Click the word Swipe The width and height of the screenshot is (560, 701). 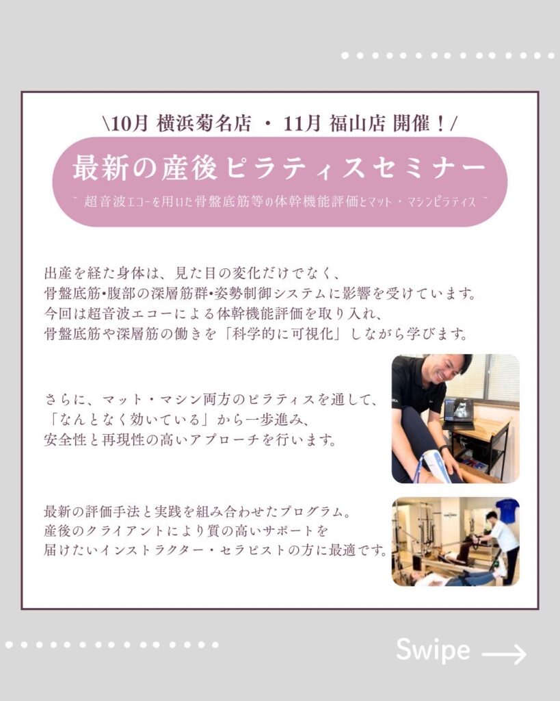433,650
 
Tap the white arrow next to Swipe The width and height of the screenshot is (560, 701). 504,654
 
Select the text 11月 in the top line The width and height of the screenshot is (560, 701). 302,124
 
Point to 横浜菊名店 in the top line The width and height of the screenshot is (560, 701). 204,124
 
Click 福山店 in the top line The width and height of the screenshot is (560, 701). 357,124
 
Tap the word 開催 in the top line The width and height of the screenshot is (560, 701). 412,124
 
